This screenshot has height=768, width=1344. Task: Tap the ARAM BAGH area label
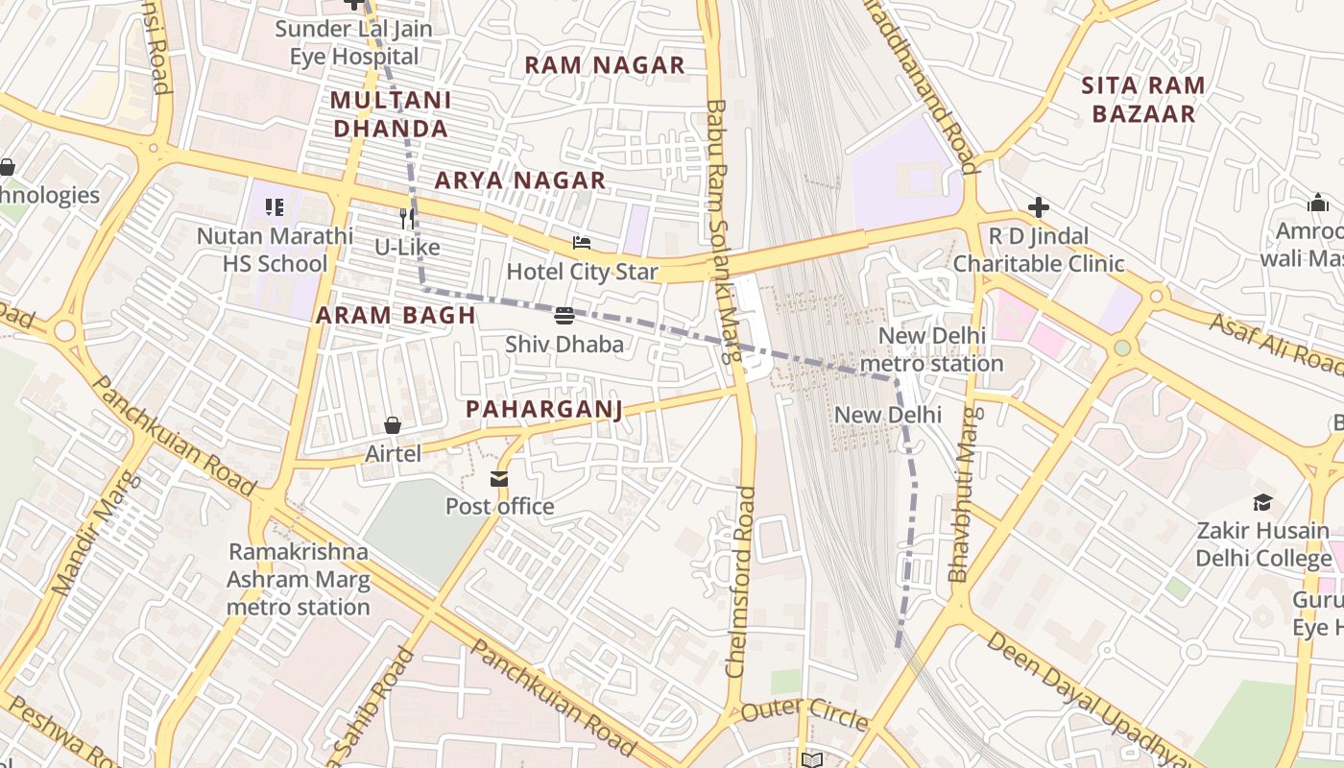pos(396,315)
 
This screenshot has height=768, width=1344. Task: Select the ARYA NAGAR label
pos(520,180)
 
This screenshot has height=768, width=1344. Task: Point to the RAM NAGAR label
pos(605,65)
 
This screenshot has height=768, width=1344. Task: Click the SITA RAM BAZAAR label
pos(1142,99)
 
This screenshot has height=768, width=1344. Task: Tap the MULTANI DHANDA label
pos(390,114)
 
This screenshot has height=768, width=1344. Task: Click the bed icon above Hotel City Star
pos(582,243)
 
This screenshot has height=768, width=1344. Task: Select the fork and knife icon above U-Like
pos(407,219)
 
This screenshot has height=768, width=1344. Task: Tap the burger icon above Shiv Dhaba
pos(564,315)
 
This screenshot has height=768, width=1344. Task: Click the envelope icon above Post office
pos(499,478)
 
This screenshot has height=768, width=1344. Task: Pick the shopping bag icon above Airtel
pos(393,424)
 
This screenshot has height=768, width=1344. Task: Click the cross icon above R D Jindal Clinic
pos(1038,207)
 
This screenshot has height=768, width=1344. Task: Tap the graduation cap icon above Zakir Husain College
pos(1262,502)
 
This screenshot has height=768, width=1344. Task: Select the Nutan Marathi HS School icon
pos(275,207)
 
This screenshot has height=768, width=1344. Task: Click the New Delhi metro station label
pos(931,350)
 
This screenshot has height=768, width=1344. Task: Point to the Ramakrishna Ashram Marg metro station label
pos(298,580)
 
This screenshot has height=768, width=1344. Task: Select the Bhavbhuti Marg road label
pos(963,495)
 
